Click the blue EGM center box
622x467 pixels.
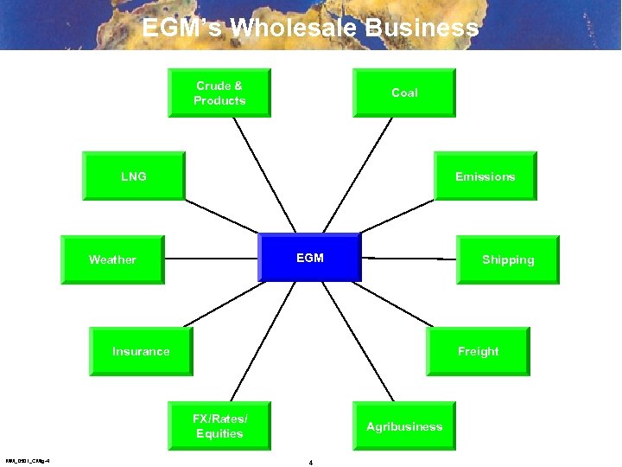pyautogui.click(x=309, y=257)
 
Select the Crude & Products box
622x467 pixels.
pyautogui.click(x=219, y=93)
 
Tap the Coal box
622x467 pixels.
pyautogui.click(x=403, y=93)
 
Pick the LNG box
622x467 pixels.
pyautogui.click(x=133, y=176)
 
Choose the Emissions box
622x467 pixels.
pyautogui.click(x=485, y=176)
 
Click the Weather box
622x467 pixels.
pyautogui.click(x=111, y=259)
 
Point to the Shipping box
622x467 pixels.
pyautogui.click(x=507, y=259)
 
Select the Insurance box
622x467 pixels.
pyautogui.click(x=141, y=351)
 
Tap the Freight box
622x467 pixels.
pyautogui.click(x=478, y=351)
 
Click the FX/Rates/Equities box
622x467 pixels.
pyautogui.click(x=219, y=426)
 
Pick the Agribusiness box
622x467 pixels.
pyautogui.click(x=403, y=426)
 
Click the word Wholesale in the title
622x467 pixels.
pyautogui.click(x=295, y=28)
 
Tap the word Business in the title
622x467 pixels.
pyautogui.click(x=422, y=28)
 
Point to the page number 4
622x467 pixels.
pyautogui.click(x=310, y=463)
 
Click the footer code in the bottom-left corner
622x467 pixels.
pyautogui.click(x=27, y=461)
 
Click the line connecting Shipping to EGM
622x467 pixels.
pyautogui.click(x=408, y=258)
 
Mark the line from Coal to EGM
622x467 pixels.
pyautogui.click(x=359, y=173)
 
